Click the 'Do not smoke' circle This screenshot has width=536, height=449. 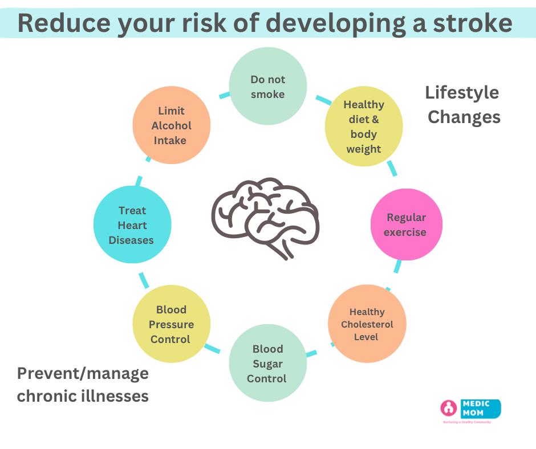(267, 86)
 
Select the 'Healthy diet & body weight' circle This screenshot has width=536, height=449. (363, 126)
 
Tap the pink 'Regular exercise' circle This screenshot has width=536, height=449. (406, 224)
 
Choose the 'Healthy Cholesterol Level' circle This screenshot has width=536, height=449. (367, 324)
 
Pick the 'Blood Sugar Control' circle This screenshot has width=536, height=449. (267, 364)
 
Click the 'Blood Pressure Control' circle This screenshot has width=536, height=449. (171, 324)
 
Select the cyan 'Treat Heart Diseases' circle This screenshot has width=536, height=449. (132, 224)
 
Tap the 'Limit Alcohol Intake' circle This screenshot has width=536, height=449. (171, 125)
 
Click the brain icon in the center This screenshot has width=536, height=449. (265, 217)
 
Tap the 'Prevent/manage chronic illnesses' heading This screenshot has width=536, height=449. (83, 385)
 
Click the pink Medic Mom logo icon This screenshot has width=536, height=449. (449, 408)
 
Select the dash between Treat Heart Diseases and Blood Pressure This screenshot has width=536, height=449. (143, 280)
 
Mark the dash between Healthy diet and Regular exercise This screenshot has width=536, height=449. (392, 168)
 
